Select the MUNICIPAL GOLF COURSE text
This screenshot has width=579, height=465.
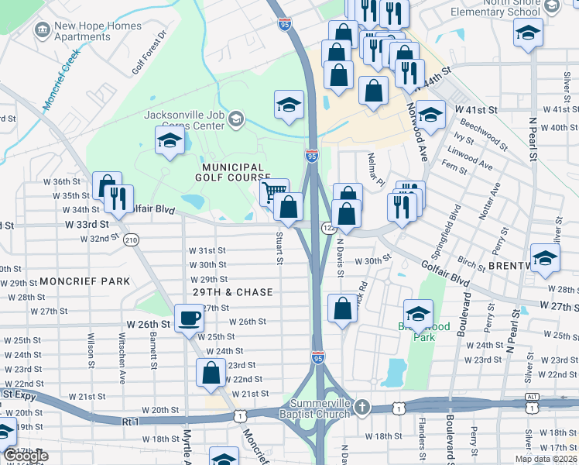234,173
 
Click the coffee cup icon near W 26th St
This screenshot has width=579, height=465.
189,318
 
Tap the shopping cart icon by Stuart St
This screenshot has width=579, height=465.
274,191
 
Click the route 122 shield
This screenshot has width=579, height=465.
329,226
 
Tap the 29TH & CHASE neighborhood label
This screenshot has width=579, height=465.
233,292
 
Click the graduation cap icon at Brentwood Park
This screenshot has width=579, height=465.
418,313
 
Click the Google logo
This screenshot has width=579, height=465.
26,456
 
